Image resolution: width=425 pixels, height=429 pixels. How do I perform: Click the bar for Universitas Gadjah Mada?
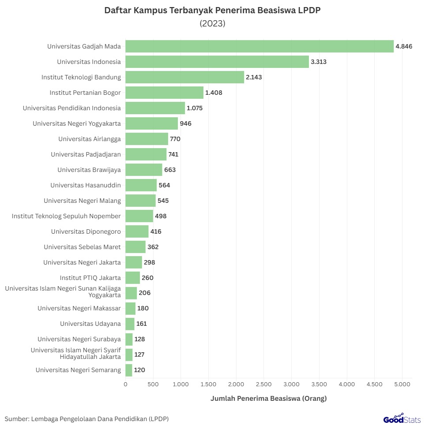pyautogui.click(x=260, y=46)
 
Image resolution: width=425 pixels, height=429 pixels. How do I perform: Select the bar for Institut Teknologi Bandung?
pyautogui.click(x=184, y=77)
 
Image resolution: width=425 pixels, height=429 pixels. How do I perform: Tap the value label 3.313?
pyautogui.click(x=318, y=62)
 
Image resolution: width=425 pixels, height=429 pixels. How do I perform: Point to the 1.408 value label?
pyautogui.click(x=214, y=93)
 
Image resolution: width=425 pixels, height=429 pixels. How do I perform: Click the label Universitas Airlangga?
pyautogui.click(x=90, y=139)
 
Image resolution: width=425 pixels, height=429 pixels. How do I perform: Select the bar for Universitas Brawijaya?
pyautogui.click(x=144, y=170)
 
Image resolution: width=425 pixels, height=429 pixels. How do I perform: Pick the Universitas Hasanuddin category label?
pyautogui.click(x=86, y=185)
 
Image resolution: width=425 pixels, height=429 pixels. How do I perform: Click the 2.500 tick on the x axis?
pyautogui.click(x=263, y=384)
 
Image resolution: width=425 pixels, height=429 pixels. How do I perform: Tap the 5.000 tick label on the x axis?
pyautogui.click(x=402, y=384)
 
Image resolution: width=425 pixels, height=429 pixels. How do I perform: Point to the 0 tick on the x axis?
pyautogui.click(x=125, y=384)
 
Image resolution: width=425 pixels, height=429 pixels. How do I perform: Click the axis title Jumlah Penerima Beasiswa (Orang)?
pyautogui.click(x=268, y=399)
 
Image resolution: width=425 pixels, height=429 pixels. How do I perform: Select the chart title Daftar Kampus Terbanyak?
pyautogui.click(x=212, y=11)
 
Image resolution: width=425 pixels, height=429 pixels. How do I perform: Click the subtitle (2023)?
pyautogui.click(x=212, y=24)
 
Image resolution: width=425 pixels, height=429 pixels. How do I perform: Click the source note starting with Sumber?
pyautogui.click(x=87, y=418)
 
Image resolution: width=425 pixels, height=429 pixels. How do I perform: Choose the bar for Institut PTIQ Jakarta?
pyautogui.click(x=132, y=278)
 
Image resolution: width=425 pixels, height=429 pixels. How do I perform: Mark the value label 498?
pyautogui.click(x=161, y=216)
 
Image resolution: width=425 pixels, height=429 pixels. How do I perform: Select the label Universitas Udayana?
pyautogui.click(x=90, y=324)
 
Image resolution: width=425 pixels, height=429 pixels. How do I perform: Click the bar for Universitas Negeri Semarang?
pyautogui.click(x=129, y=370)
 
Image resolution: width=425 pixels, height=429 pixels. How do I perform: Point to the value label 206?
pyautogui.click(x=145, y=293)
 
